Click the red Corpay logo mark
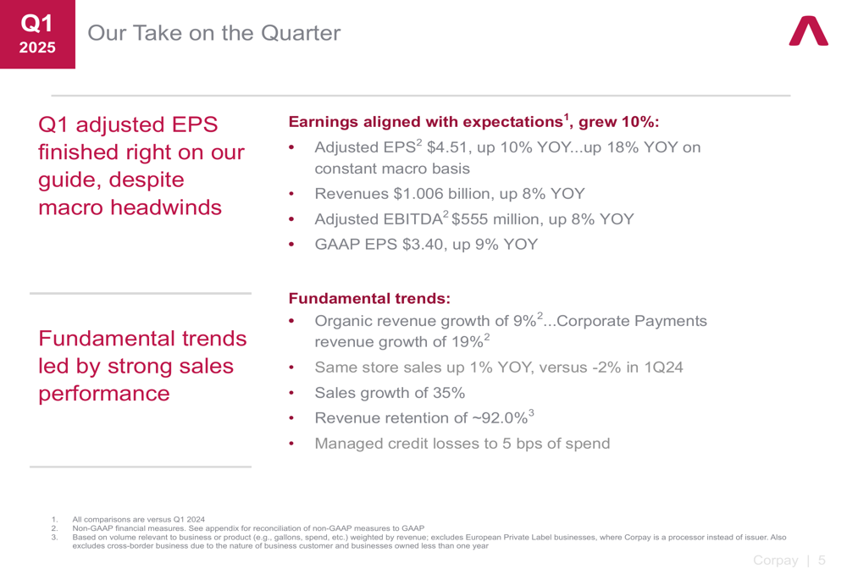pyautogui.click(x=808, y=31)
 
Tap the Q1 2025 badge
pyautogui.click(x=37, y=34)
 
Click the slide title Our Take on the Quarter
pyautogui.click(x=214, y=33)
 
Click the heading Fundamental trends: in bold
pyautogui.click(x=369, y=298)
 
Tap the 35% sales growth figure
pyautogui.click(x=449, y=393)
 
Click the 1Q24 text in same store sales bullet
pyautogui.click(x=663, y=367)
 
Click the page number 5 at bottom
pyautogui.click(x=822, y=561)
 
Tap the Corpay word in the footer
pyautogui.click(x=776, y=561)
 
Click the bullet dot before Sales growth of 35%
pyautogui.click(x=291, y=393)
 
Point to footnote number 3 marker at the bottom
pyautogui.click(x=54, y=538)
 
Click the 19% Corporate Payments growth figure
pyautogui.click(x=467, y=342)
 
